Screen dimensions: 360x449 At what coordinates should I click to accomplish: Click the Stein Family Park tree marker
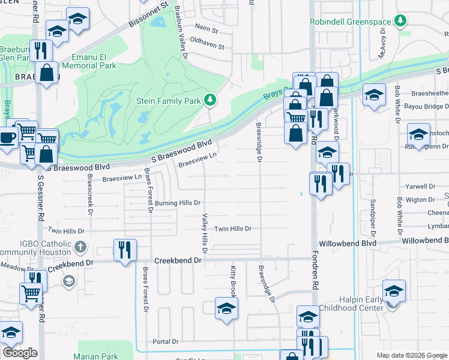[x=209, y=100]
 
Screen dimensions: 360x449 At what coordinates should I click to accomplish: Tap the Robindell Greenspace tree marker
[x=400, y=22]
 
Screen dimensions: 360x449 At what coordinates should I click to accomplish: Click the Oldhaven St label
[x=206, y=46]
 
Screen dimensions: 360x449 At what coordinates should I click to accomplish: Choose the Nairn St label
[x=206, y=28]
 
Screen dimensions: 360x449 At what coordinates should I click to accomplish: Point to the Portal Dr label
[x=166, y=341]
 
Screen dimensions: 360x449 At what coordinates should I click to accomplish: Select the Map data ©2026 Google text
[x=411, y=355]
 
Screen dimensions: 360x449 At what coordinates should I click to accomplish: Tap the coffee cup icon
[x=8, y=137]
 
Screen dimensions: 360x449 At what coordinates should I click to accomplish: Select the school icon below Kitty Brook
[x=226, y=308]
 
